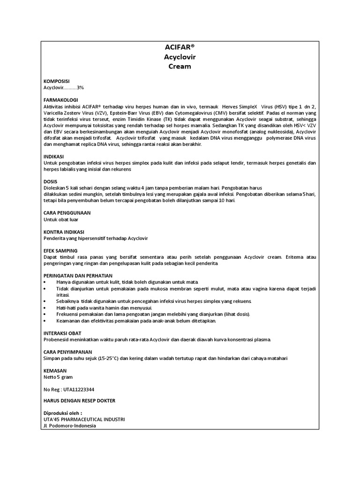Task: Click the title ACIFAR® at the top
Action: click(180, 48)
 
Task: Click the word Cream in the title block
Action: click(180, 67)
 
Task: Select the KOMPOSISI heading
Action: click(57, 81)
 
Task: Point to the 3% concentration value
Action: click(81, 88)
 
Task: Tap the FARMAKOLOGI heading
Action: click(60, 100)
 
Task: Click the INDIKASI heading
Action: click(54, 156)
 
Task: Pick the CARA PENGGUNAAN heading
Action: click(67, 213)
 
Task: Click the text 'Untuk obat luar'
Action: click(61, 219)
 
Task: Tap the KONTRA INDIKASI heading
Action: click(63, 232)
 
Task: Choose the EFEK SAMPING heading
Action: click(60, 251)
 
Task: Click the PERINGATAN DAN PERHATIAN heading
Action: click(77, 276)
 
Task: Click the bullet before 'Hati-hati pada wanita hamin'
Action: click(45, 307)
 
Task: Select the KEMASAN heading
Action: click(54, 370)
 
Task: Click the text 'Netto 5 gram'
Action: click(58, 377)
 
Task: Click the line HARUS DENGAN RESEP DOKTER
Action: click(79, 401)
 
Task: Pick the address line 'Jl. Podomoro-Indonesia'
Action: click(69, 426)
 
